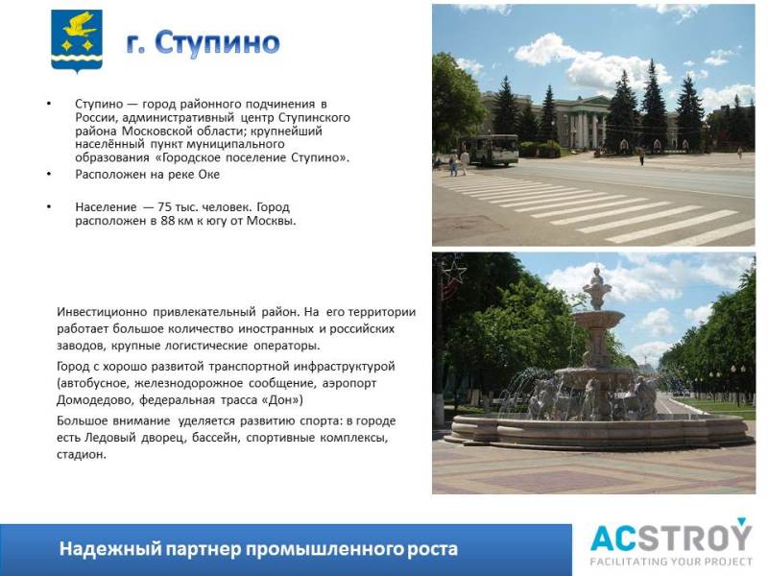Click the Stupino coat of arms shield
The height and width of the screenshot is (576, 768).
pyautogui.click(x=77, y=41)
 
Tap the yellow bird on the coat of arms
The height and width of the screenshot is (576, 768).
pyautogui.click(x=80, y=26)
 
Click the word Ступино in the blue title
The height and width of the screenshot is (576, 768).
pyautogui.click(x=218, y=42)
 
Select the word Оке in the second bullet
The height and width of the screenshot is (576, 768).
pyautogui.click(x=208, y=175)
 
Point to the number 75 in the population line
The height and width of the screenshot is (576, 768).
pyautogui.click(x=164, y=207)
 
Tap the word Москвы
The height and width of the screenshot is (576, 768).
pyautogui.click(x=271, y=221)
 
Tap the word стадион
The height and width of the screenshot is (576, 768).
pyautogui.click(x=82, y=454)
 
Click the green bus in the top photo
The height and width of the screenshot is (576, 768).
pyautogui.click(x=491, y=150)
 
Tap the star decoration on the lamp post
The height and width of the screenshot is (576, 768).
pyautogui.click(x=454, y=273)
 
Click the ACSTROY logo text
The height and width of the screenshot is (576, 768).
pyautogui.click(x=670, y=537)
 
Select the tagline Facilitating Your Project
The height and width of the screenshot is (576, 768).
pyautogui.click(x=671, y=562)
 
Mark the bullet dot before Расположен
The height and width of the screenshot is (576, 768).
pyautogui.click(x=49, y=175)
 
